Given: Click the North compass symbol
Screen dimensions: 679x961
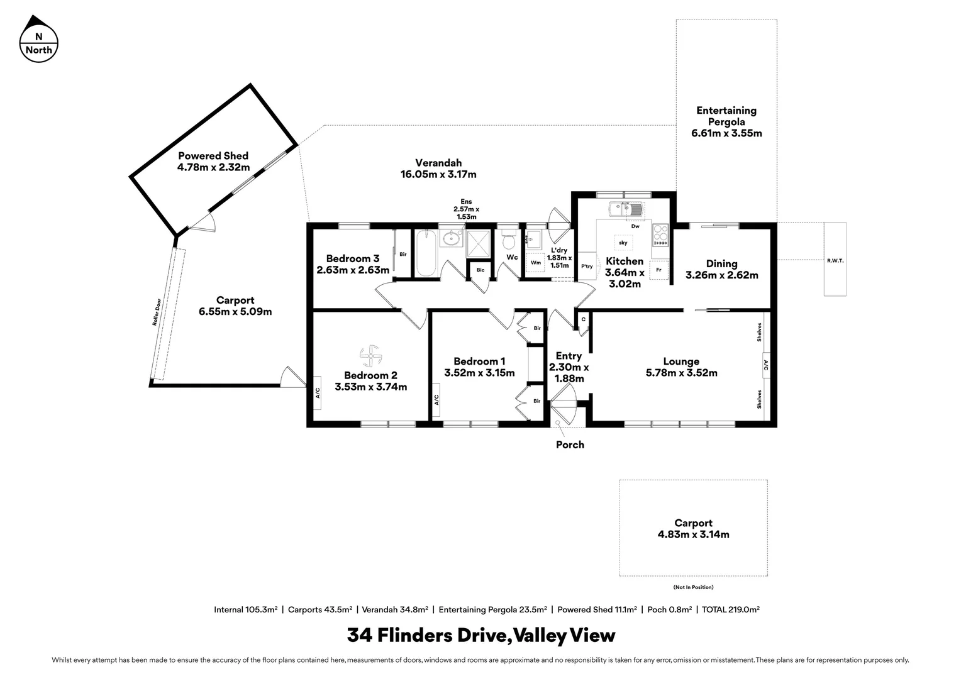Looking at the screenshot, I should tap(39, 40).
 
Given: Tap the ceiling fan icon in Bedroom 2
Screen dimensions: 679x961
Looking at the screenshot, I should tap(370, 356).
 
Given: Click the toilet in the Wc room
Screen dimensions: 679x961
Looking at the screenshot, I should tap(509, 241).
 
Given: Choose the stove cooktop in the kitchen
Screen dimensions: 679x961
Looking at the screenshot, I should tap(661, 236).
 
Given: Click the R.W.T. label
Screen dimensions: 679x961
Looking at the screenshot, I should tap(835, 260).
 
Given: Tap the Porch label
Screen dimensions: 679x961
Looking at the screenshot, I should tap(570, 445).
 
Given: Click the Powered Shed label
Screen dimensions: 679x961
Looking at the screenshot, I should tap(213, 156).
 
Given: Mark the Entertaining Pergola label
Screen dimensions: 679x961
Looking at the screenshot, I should tap(726, 116).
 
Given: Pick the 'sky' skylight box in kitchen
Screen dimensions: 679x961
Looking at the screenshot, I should tap(623, 243).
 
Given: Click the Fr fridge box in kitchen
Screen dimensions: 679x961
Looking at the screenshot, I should tap(658, 270).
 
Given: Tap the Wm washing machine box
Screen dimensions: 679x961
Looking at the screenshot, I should tap(535, 263).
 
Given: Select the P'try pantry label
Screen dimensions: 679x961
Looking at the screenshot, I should tap(587, 267).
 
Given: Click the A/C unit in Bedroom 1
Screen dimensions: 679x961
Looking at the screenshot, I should tap(436, 400).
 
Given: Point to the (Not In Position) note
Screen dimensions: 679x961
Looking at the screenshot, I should tap(693, 587).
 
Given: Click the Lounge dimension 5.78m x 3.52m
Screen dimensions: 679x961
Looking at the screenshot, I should tap(681, 373).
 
